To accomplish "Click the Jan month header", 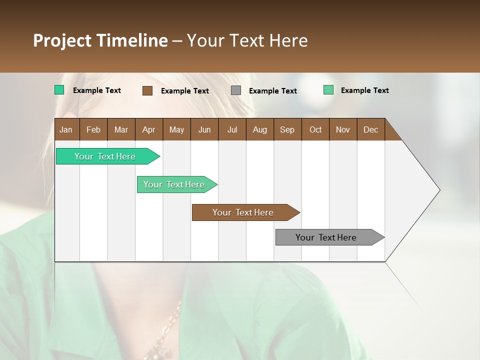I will (x=66, y=129).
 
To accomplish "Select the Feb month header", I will (x=93, y=129).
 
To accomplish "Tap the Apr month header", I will (x=148, y=129).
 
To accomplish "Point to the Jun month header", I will (x=204, y=129).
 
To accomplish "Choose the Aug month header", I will (x=259, y=129).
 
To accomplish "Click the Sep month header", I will (x=287, y=129).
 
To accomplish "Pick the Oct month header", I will (x=315, y=129).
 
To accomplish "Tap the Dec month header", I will (x=370, y=129).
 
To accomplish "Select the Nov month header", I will (x=342, y=129).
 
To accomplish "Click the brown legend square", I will (x=147, y=90).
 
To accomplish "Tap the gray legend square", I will (x=236, y=90).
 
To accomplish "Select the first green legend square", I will (x=59, y=90).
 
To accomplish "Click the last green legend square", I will (x=328, y=90).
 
